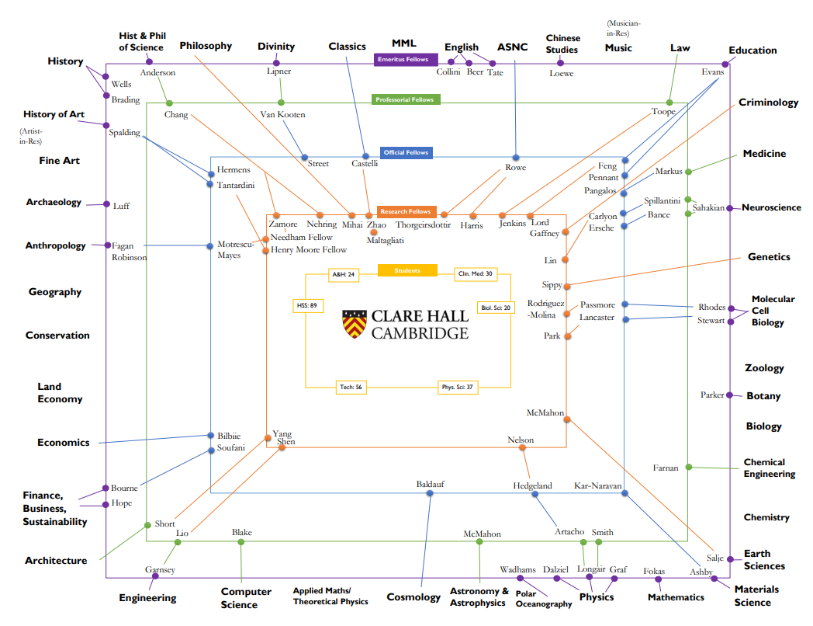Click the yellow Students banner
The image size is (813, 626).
pyautogui.click(x=408, y=271)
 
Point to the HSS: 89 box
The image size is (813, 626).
pyautogui.click(x=307, y=306)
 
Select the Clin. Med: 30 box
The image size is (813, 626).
pyautogui.click(x=475, y=274)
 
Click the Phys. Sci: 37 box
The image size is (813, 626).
pyautogui.click(x=458, y=387)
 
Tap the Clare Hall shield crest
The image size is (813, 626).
pyautogui.click(x=354, y=324)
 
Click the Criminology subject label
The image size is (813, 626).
pyautogui.click(x=768, y=103)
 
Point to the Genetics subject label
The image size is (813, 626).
pyautogui.click(x=769, y=257)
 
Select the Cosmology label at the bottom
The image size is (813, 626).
pyautogui.click(x=413, y=597)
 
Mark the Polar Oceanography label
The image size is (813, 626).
pyautogui.click(x=544, y=600)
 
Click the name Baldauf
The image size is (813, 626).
pyautogui.click(x=430, y=485)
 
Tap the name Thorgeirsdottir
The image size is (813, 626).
pyautogui.click(x=423, y=225)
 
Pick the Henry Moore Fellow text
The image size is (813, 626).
pyautogui.click(x=309, y=250)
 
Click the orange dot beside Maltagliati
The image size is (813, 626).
pyautogui.click(x=374, y=231)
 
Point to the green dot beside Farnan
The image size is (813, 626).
pyautogui.click(x=689, y=468)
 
